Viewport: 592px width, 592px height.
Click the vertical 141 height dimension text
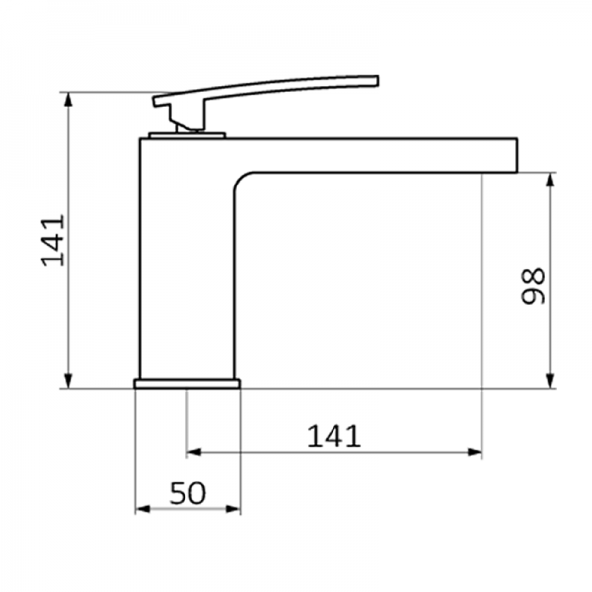[53, 240]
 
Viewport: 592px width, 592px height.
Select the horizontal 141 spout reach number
[333, 434]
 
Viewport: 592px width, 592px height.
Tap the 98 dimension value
[534, 284]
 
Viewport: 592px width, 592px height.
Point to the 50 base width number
[187, 492]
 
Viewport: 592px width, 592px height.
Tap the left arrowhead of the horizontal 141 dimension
[193, 453]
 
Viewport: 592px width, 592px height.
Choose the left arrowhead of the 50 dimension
[141, 510]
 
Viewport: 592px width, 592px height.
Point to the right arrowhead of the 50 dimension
[234, 510]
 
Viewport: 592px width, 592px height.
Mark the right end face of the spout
[518, 153]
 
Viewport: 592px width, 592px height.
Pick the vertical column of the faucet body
[185, 266]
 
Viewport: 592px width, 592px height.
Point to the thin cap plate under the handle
[186, 133]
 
